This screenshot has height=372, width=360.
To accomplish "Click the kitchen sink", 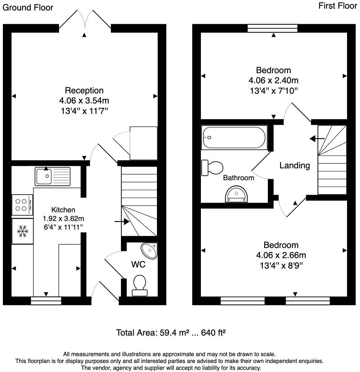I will pos(53,176).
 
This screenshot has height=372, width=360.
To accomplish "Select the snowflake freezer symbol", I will pos(22,231).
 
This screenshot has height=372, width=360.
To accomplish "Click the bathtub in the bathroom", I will pos(234,138).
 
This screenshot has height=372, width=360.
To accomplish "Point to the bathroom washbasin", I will pos(237,195).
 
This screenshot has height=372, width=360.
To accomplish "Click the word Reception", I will pos(84,90).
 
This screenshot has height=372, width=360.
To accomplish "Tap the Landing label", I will pos(294,165).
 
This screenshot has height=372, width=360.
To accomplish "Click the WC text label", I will pos(138,264).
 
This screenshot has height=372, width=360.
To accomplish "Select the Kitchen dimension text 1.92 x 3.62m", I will pos(63,218).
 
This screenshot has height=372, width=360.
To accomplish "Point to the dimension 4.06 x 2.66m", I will pos(281,256).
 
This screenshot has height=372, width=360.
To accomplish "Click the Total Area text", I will pos(171,332).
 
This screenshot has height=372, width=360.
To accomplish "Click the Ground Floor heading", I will pos(28,8).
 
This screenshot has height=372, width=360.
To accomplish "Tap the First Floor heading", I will pos(338,6).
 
